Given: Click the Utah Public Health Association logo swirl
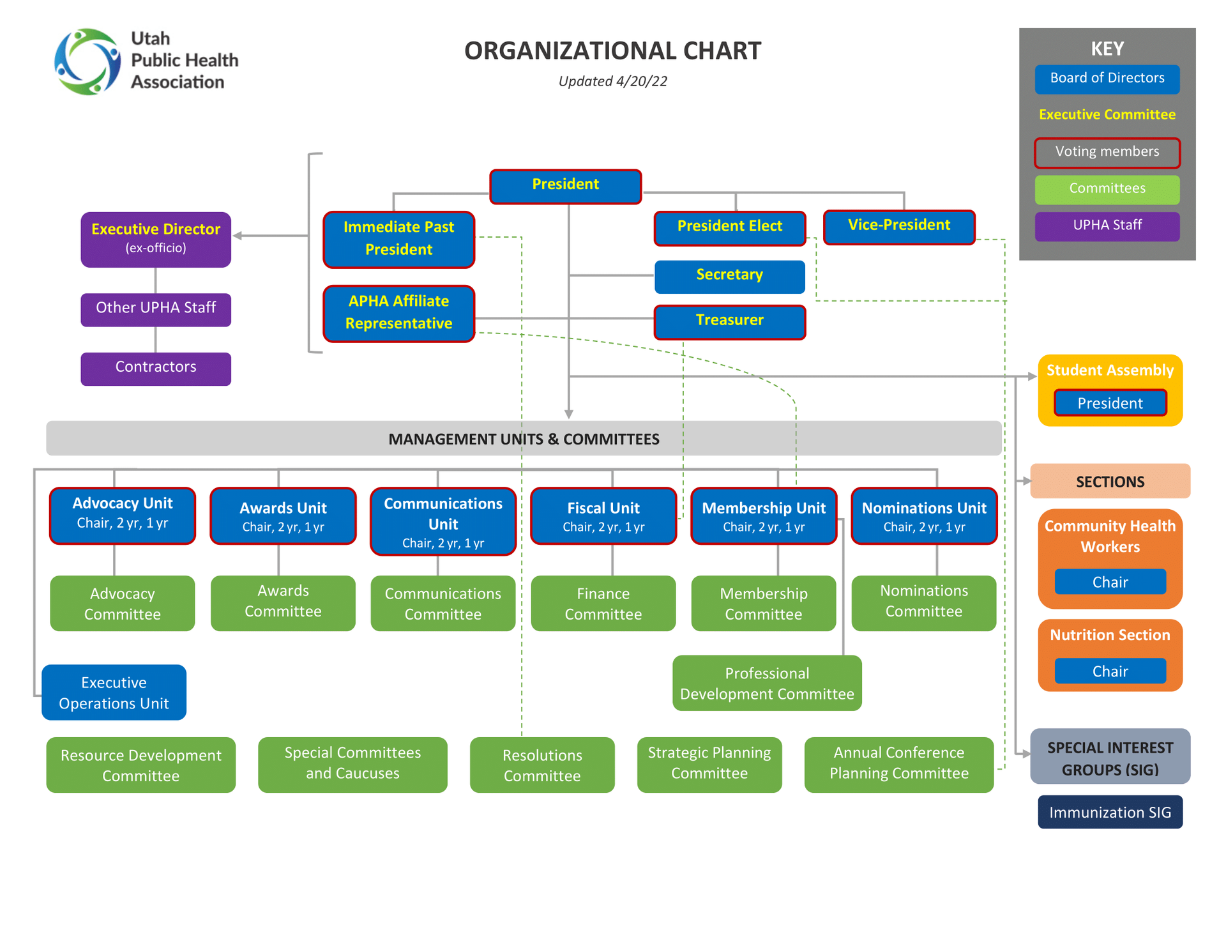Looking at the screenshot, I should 87,61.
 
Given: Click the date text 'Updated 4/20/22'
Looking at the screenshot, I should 612,81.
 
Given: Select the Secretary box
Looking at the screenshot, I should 729,276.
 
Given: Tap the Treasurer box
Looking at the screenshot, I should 729,321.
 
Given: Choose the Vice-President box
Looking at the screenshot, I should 898,227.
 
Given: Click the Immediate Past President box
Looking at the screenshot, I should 398,239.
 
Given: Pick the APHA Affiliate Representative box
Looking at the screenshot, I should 398,313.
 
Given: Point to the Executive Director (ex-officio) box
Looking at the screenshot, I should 156,239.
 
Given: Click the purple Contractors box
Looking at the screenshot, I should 156,368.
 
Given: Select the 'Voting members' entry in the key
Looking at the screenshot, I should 1107,152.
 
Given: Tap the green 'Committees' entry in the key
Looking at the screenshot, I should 1107,189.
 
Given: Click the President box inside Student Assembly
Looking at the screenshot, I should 1110,403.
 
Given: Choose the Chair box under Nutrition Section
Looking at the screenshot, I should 1110,671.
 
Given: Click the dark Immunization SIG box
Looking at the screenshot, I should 1110,812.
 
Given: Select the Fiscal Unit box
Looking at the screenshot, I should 603,516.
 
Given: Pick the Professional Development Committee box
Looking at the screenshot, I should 766,683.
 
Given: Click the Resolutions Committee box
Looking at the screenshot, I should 541,765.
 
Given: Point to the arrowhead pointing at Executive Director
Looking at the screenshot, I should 238,236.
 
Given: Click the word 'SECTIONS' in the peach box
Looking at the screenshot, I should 1110,482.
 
